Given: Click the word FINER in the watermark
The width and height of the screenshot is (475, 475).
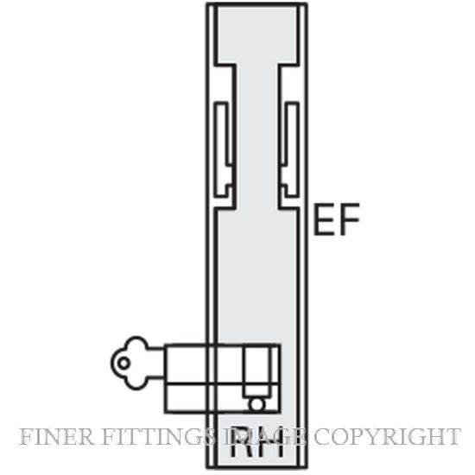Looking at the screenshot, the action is click(x=56, y=436).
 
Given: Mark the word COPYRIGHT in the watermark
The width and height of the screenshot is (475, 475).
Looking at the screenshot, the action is click(x=387, y=436).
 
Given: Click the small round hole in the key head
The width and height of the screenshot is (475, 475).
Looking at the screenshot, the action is click(x=123, y=363).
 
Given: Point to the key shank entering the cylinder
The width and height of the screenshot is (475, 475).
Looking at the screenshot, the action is click(x=157, y=363).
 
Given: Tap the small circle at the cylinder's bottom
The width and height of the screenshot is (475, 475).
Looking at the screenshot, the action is click(x=256, y=405).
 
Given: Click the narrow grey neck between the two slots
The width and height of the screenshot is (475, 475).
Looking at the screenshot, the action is click(x=257, y=136).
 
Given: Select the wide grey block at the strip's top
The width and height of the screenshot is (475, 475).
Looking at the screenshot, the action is click(x=257, y=35).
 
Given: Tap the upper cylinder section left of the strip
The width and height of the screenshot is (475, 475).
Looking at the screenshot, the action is click(x=186, y=364).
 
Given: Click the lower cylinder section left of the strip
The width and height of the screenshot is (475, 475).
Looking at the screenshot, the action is click(x=186, y=398).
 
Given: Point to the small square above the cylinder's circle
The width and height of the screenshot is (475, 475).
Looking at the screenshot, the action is click(x=256, y=390).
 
